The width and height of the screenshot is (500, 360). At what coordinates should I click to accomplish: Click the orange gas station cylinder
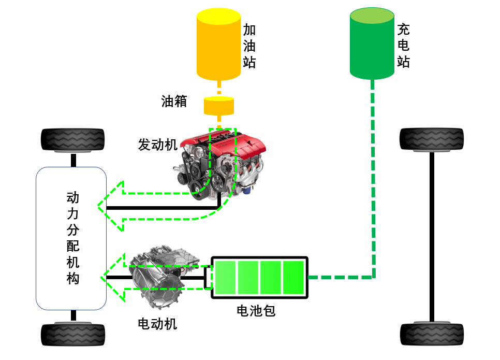click(218, 45)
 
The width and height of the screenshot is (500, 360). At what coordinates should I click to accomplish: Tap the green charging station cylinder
click(372, 44)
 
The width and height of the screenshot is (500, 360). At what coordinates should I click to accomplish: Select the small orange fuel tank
click(219, 106)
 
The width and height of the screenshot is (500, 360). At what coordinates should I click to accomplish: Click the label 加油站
click(249, 46)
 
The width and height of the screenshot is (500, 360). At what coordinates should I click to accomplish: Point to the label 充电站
click(403, 46)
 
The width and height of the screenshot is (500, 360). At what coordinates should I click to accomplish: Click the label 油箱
click(174, 102)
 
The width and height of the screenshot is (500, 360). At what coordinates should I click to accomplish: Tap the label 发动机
click(157, 145)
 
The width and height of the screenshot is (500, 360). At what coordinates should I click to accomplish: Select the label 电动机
click(157, 324)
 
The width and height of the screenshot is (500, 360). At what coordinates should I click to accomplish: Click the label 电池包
click(256, 310)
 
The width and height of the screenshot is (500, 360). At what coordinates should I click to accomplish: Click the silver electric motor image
click(164, 277)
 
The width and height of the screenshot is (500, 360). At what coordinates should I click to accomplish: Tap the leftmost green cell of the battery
click(225, 277)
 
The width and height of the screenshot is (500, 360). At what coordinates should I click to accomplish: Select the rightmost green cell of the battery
click(293, 277)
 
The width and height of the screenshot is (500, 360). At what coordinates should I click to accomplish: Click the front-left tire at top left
click(72, 140)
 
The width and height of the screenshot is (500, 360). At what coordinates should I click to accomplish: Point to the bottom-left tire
click(73, 334)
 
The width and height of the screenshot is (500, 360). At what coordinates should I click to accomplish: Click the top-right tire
click(432, 139)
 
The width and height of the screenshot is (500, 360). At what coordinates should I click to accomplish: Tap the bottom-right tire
click(432, 334)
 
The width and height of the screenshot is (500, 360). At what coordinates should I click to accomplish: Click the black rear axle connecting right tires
click(432, 237)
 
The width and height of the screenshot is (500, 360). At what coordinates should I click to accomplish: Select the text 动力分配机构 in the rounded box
click(73, 238)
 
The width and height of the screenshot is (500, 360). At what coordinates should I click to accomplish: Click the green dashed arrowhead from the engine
click(110, 206)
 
